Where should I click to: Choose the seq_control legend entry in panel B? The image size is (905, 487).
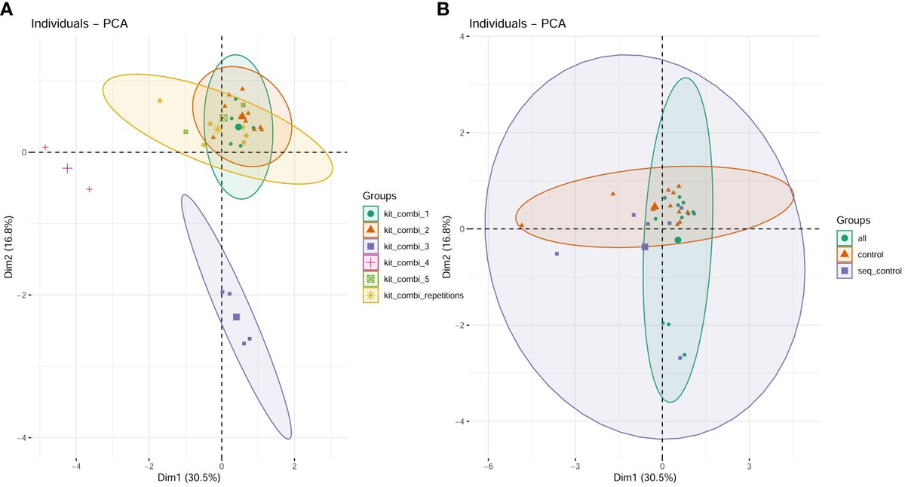click(873, 271)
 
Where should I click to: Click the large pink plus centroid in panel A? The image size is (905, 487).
click(67, 168)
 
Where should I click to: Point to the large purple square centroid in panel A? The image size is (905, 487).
click(237, 317)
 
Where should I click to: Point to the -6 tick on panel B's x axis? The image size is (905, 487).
click(488, 466)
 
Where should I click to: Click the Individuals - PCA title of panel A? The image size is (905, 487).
click(79, 23)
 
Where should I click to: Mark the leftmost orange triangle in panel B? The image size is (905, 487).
click(521, 225)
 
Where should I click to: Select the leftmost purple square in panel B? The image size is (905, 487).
click(557, 254)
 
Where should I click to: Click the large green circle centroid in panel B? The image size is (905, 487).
click(677, 240)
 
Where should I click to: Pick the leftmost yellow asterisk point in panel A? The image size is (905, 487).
click(160, 100)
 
